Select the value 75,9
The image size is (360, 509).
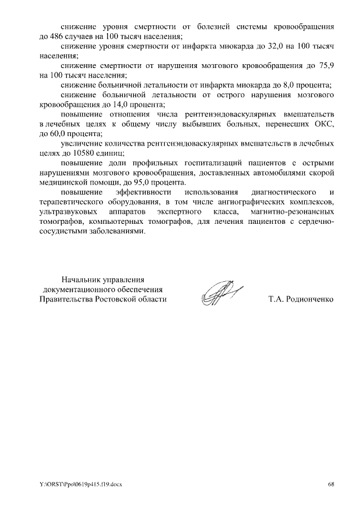[327, 66]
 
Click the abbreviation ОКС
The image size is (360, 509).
[325, 124]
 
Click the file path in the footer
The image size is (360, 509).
[80, 484]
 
